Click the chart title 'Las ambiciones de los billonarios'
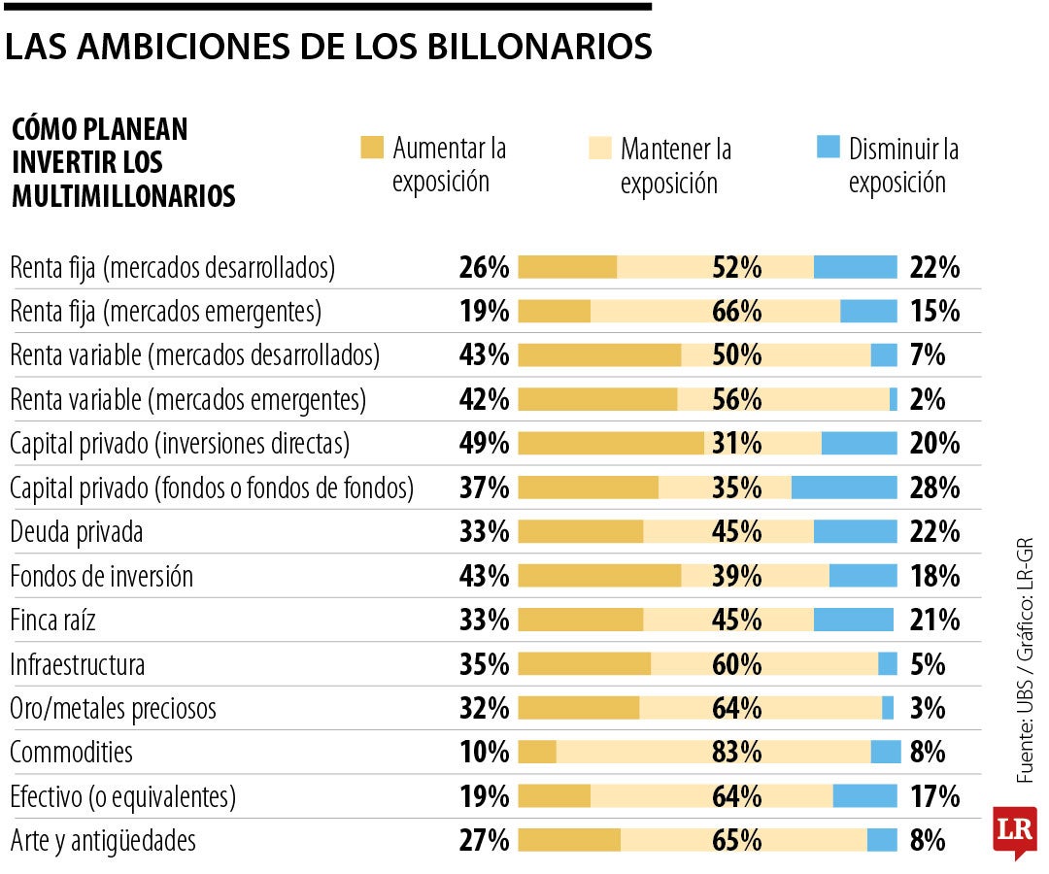coord(327,46)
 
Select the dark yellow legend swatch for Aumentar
coord(372,148)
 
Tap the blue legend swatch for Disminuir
coord(828,148)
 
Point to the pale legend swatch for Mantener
coord(600,148)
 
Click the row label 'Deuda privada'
coord(76,532)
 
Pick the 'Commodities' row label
coord(71,752)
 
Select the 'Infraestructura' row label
coord(78,665)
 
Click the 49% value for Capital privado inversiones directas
coord(484,444)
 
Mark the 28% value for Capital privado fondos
coord(934,487)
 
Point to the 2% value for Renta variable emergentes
coord(928,399)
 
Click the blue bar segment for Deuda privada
coord(855,531)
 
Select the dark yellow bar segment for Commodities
coord(537,752)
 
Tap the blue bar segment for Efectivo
coord(864,796)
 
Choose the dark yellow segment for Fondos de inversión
coord(599,576)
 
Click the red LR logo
coord(1014,830)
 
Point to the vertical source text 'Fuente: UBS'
coord(1025,728)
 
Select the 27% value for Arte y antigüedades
coord(484,840)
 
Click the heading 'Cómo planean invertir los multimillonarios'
coord(123,162)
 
